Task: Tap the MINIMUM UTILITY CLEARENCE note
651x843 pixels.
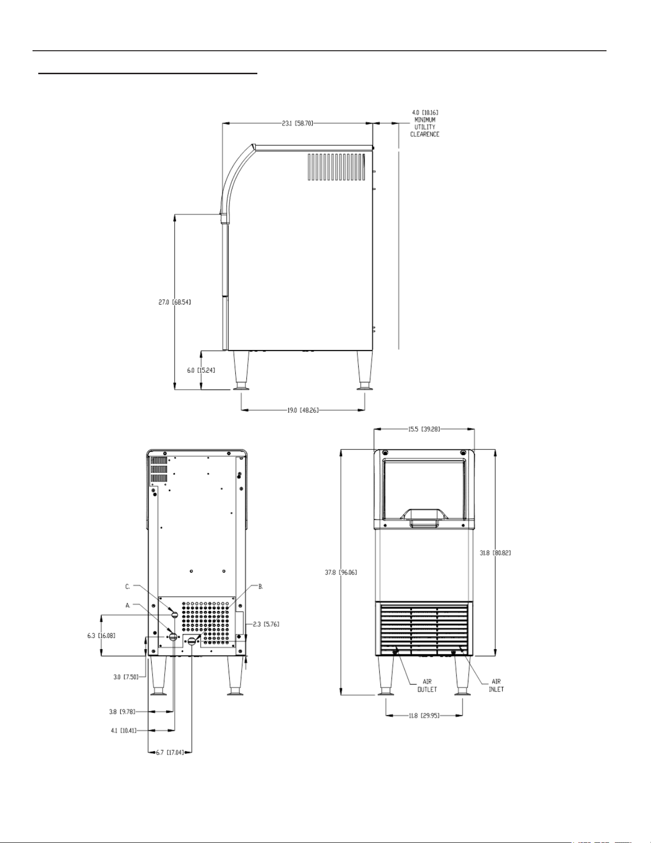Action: [x=425, y=127]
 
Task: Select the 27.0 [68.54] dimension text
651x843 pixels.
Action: [x=175, y=303]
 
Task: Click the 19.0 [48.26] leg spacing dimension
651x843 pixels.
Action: [x=303, y=410]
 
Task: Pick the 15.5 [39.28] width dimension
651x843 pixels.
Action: [x=424, y=429]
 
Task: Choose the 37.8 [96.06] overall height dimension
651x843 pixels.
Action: [x=341, y=572]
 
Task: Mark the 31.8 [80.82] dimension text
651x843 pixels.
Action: [x=496, y=553]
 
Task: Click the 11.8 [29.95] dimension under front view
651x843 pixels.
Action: [x=424, y=716]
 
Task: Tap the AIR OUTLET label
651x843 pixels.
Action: [x=427, y=686]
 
